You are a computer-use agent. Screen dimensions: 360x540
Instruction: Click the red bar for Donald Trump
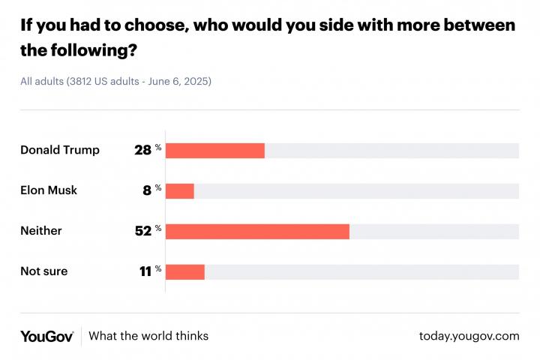[x=215, y=150]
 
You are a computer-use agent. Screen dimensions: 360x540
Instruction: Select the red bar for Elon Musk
[x=180, y=190]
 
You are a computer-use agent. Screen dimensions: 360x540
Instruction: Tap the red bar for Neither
[x=257, y=231]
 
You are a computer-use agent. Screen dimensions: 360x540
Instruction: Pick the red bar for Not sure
[x=185, y=271]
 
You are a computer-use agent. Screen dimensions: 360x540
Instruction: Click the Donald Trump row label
[x=60, y=150]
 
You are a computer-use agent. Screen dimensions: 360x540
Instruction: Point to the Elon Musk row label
[x=49, y=190]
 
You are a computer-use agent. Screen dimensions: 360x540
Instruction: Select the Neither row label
[x=41, y=231]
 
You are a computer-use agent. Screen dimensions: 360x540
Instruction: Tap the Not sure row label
[x=44, y=271]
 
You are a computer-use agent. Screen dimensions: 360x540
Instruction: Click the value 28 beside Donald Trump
[x=143, y=150]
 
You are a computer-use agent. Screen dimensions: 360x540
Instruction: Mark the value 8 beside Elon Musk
[x=148, y=190]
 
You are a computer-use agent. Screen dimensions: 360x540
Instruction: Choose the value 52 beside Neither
[x=143, y=231]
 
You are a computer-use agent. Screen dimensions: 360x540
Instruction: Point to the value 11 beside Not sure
[x=145, y=271]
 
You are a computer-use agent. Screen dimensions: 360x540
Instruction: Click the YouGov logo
[x=46, y=336]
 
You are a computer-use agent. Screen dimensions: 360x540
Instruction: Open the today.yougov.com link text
[x=469, y=336]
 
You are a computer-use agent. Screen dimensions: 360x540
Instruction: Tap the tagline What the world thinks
[x=148, y=336]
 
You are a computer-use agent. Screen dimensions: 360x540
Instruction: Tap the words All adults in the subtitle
[x=42, y=81]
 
